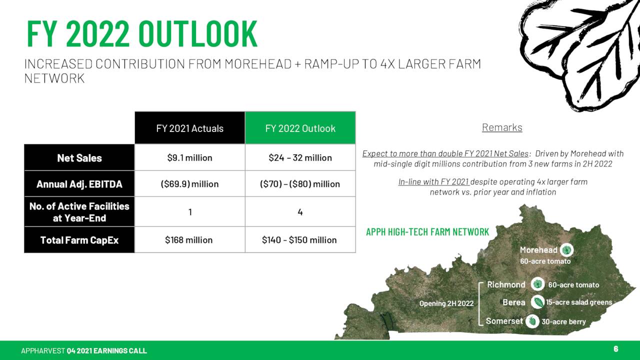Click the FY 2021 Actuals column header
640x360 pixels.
tap(189, 128)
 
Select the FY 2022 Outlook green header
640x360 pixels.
tap(300, 128)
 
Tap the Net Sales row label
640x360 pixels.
tap(79, 157)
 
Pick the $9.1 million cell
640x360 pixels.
tap(189, 157)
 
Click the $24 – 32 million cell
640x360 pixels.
tap(300, 157)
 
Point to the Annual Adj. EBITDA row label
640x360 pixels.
tap(79, 183)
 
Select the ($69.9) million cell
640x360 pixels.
tap(189, 183)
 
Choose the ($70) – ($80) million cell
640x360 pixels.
tap(300, 183)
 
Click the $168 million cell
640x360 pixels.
tap(189, 239)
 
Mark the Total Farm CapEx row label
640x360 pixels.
tap(79, 239)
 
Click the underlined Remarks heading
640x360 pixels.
tap(502, 127)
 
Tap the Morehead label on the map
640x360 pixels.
tap(538, 250)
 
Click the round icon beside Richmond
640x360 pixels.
tap(537, 284)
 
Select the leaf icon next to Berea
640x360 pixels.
tap(537, 302)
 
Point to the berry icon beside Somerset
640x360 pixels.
tap(532, 321)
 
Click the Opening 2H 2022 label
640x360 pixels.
tap(446, 303)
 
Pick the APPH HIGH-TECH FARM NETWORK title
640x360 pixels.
tap(427, 231)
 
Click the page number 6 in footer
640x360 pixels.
tap(615, 348)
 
